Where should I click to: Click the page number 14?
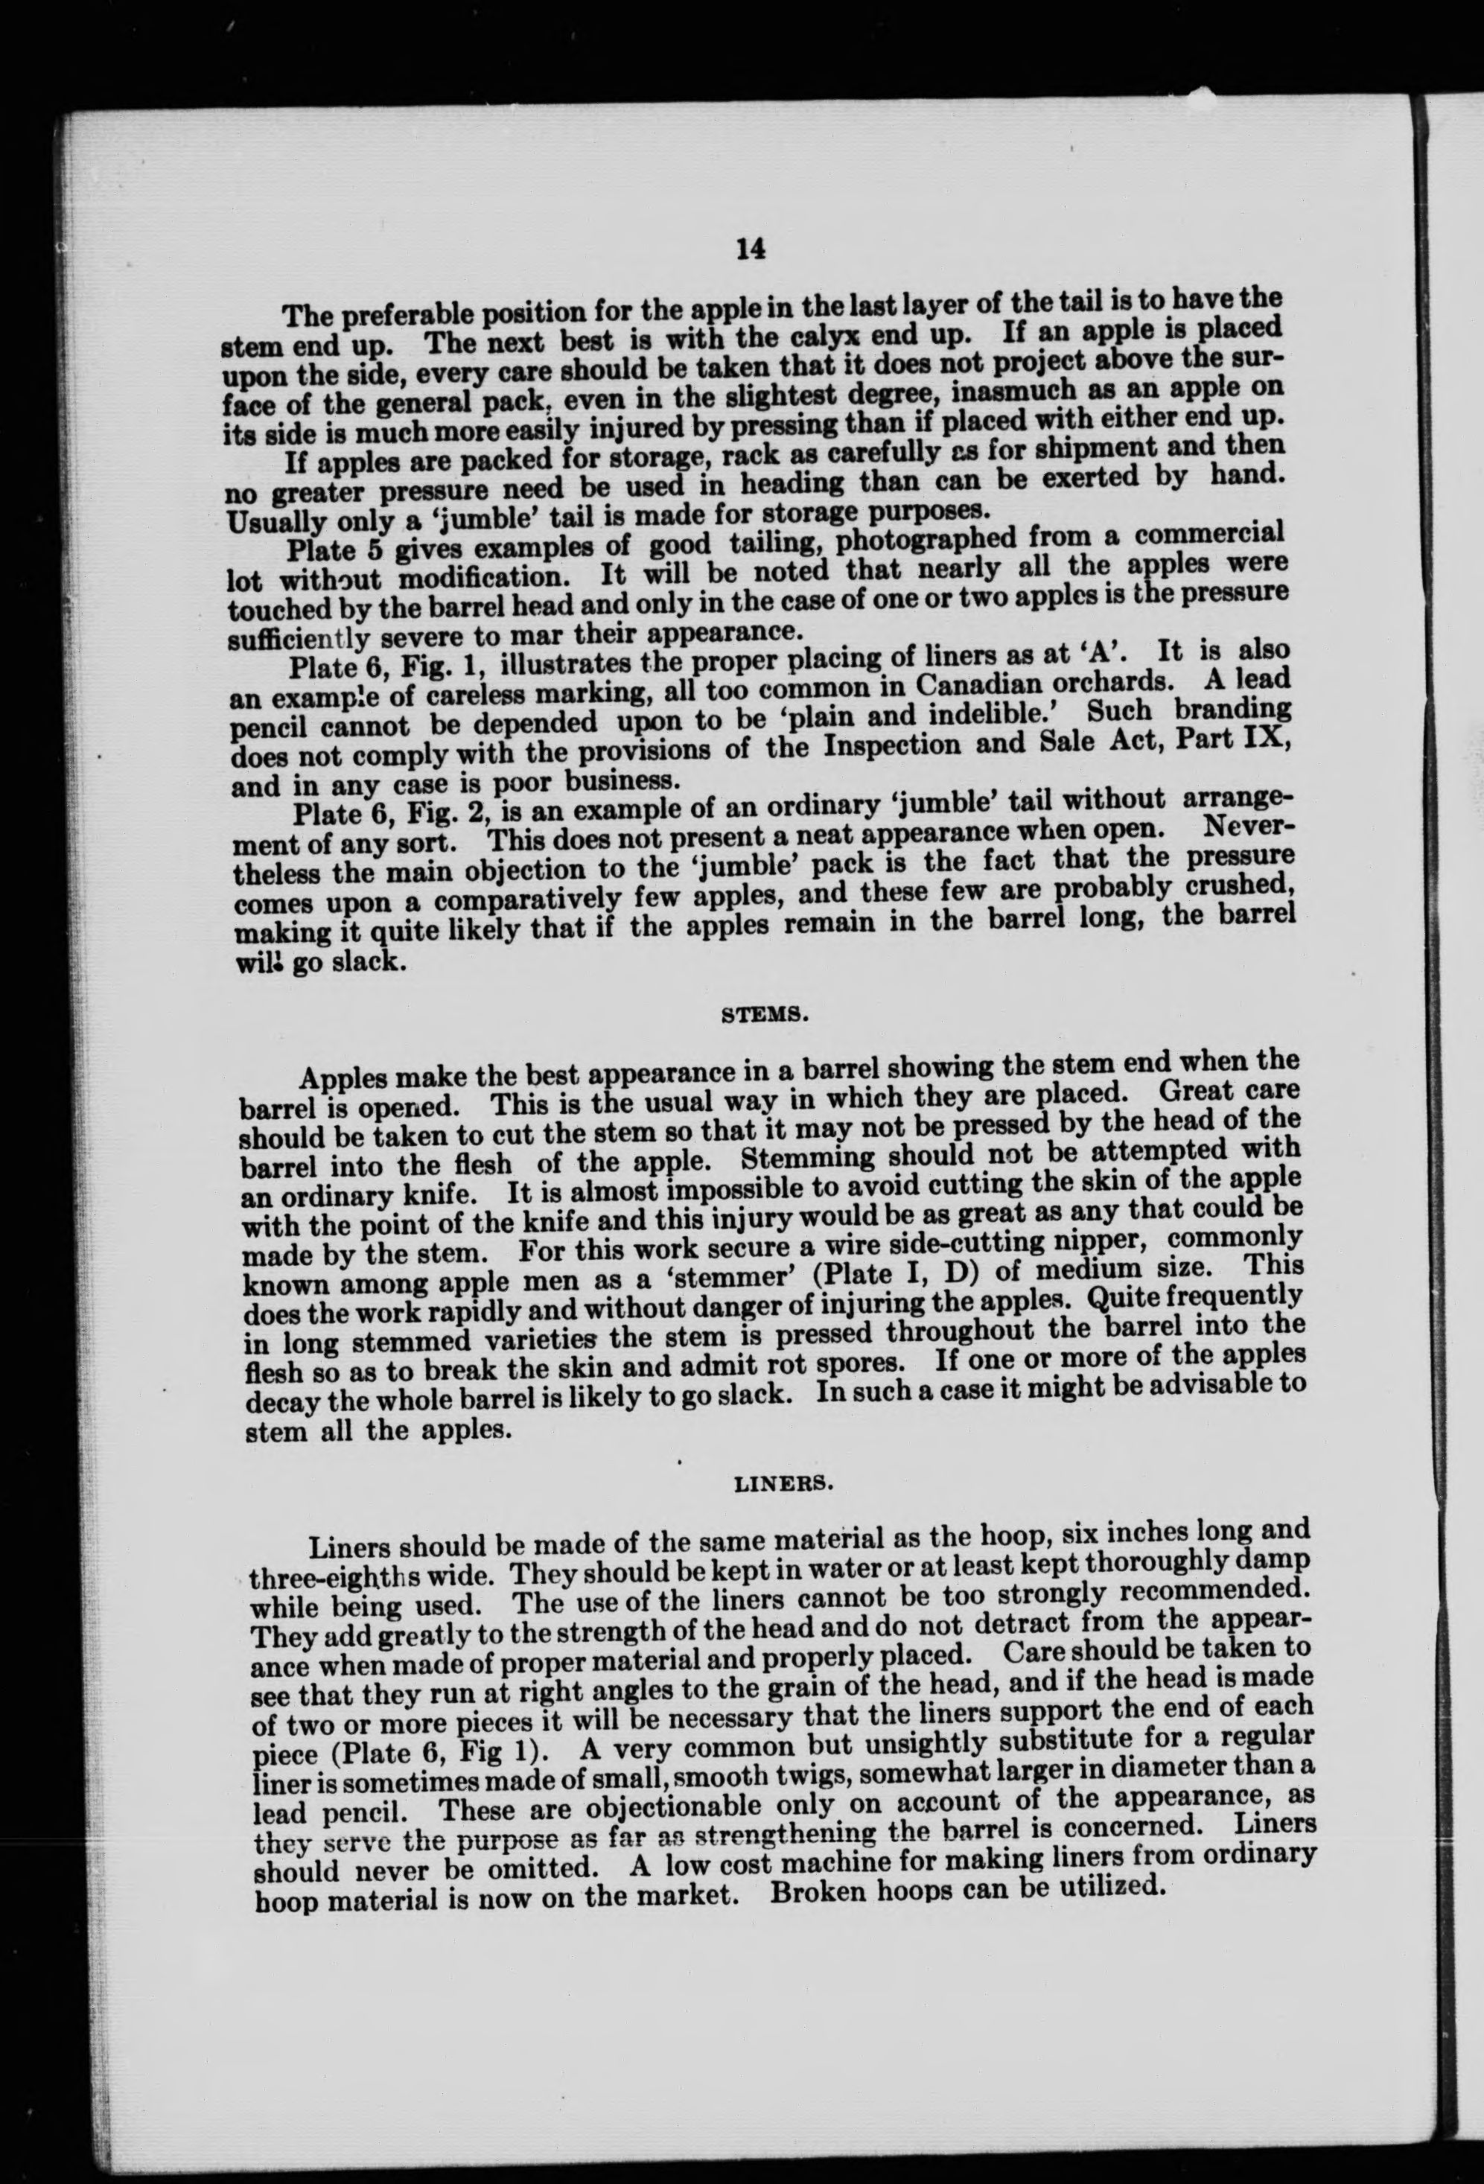tap(752, 249)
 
